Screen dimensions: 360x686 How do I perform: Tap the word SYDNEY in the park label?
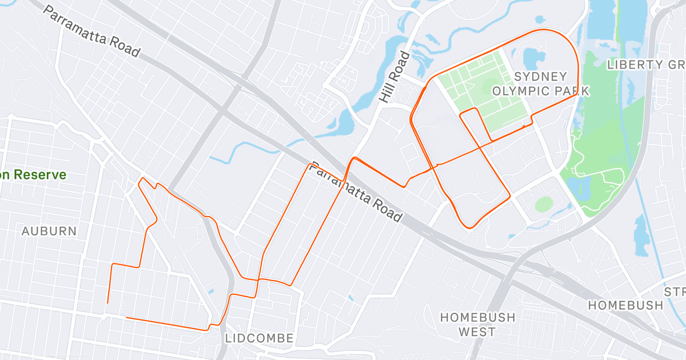pyautogui.click(x=540, y=77)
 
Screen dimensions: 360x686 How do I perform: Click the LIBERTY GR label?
pyautogui.click(x=645, y=64)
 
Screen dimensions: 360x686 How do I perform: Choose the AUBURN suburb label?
pyautogui.click(x=49, y=231)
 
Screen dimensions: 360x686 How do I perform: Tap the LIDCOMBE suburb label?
pyautogui.click(x=260, y=338)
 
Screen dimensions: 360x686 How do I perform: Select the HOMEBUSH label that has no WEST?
pyautogui.click(x=626, y=305)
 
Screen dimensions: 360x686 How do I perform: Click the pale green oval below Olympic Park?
pyautogui.click(x=544, y=203)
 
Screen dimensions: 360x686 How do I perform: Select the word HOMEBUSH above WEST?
pyautogui.click(x=477, y=317)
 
